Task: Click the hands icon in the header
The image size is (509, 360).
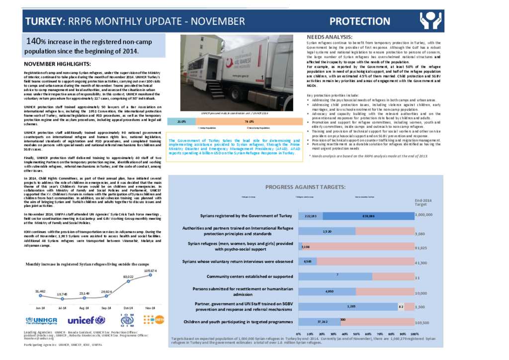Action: [x=430, y=21]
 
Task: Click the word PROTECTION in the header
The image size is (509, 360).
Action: [x=360, y=21]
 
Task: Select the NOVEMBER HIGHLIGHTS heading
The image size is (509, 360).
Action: [x=57, y=64]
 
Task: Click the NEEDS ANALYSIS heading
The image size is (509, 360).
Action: [x=329, y=37]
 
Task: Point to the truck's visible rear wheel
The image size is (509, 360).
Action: [x=272, y=99]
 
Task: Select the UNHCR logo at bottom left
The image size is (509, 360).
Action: [x=43, y=321]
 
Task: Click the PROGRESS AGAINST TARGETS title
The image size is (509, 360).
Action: [x=305, y=186]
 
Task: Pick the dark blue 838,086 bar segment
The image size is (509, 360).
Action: [x=368, y=216]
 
